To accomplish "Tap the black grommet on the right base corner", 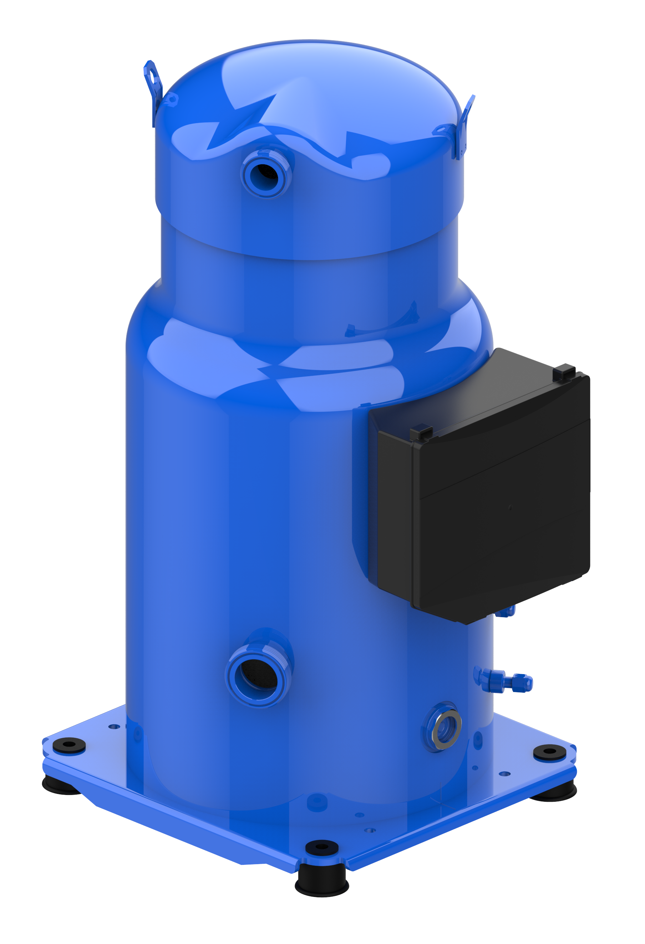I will pyautogui.click(x=549, y=752).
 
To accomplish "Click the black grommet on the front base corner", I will pyautogui.click(x=321, y=847).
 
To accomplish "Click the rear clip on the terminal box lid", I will pyautogui.click(x=564, y=371).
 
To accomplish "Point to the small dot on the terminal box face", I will pyautogui.click(x=511, y=507).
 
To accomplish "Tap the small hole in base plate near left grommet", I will pyautogui.click(x=114, y=726).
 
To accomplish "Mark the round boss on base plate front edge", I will pyautogui.click(x=318, y=802).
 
